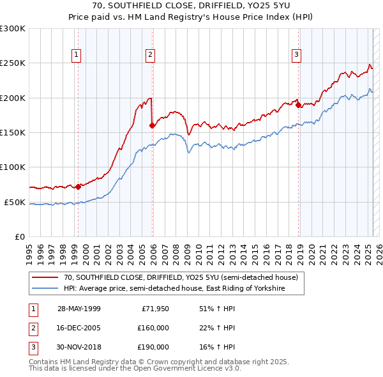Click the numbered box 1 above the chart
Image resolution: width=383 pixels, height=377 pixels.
click(76, 55)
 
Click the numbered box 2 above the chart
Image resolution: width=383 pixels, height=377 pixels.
click(150, 55)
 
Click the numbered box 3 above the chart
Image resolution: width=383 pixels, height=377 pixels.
click(297, 55)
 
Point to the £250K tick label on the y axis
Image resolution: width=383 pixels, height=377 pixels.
click(13, 63)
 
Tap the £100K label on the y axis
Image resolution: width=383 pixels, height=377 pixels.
click(13, 167)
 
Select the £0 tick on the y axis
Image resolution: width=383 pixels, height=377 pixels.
click(19, 236)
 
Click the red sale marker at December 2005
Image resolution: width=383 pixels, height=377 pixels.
click(152, 126)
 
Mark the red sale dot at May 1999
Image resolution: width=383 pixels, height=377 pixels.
click(78, 187)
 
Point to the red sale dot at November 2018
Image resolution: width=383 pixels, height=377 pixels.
click(298, 105)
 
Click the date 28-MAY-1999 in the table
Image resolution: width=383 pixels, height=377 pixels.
click(79, 309)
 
